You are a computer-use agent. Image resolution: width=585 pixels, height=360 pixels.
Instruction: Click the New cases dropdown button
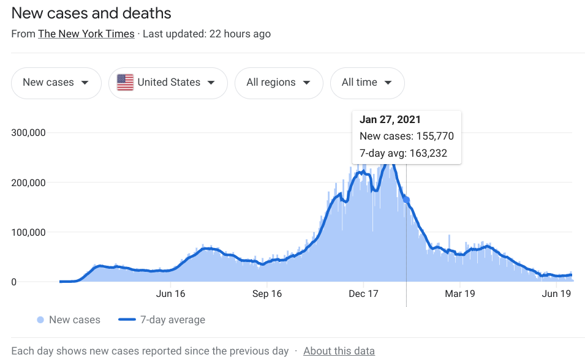(x=56, y=83)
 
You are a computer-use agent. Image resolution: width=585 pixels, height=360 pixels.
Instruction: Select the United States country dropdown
(x=168, y=83)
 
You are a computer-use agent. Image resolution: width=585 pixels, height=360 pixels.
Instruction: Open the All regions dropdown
(x=279, y=83)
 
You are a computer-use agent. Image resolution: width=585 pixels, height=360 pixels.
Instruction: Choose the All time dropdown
(x=367, y=83)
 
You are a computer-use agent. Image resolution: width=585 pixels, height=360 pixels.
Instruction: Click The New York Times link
(x=86, y=34)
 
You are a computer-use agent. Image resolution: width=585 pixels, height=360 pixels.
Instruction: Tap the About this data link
(x=339, y=351)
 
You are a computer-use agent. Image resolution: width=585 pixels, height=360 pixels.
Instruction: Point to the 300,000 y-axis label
(x=29, y=133)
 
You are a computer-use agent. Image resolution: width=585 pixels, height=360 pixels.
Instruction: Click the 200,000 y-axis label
(x=29, y=182)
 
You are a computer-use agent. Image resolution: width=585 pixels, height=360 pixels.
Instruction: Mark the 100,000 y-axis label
(x=29, y=233)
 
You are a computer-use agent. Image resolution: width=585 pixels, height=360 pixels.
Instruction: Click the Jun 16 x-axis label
(x=171, y=294)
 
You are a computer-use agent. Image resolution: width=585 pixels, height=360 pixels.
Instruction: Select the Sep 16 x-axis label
(x=267, y=294)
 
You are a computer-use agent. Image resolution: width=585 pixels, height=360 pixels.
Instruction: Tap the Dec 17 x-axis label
(x=363, y=294)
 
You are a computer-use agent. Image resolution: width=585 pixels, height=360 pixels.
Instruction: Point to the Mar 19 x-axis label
(x=460, y=294)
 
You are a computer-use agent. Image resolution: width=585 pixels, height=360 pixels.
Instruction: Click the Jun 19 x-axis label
(x=556, y=294)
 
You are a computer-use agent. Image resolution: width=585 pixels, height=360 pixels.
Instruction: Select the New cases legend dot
(x=40, y=320)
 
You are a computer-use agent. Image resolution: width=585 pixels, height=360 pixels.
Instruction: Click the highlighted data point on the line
(x=406, y=200)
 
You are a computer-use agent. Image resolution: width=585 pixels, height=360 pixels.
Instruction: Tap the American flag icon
(x=125, y=83)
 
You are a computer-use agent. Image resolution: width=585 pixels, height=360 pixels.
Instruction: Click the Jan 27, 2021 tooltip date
(x=390, y=119)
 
